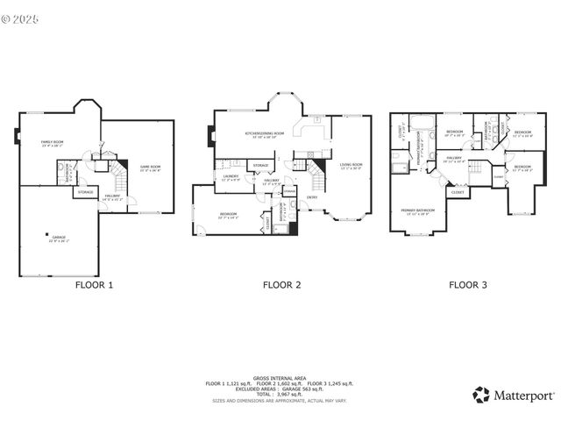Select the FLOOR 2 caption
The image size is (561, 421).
pos(282,284)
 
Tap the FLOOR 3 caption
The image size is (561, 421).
pos(468,284)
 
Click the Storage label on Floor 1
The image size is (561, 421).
pos(85,191)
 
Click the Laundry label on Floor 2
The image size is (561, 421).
pos(231,178)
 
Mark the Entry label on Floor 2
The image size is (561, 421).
pos(312,197)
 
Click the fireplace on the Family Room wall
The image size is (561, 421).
pos(17,136)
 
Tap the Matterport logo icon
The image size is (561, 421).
pos(480,396)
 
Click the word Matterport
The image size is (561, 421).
pos(518,396)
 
